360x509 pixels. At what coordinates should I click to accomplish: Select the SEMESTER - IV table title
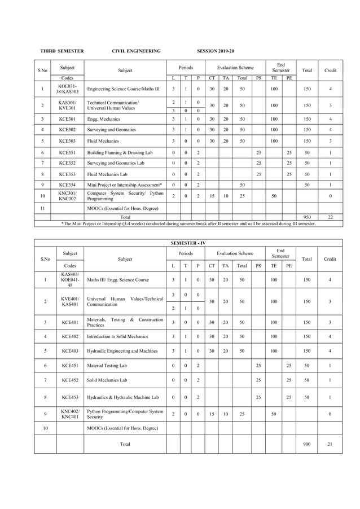pos(188,243)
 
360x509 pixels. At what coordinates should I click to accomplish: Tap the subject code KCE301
pos(67,120)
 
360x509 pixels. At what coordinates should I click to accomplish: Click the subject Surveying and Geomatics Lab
pos(116,163)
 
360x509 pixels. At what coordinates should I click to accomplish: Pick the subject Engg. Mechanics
pos(104,120)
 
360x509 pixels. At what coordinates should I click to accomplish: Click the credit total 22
pos(330,216)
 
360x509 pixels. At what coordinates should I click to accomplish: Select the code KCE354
pos(67,185)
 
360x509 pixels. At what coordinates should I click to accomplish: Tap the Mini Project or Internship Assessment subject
pos(125,185)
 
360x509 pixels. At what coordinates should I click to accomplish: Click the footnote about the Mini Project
pos(188,223)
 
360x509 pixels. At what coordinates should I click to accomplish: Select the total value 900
pos(306,444)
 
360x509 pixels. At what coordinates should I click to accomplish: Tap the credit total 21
pos(330,444)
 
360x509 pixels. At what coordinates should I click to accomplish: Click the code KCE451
pos(70,366)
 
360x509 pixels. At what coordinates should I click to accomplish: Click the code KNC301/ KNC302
pos(67,196)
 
